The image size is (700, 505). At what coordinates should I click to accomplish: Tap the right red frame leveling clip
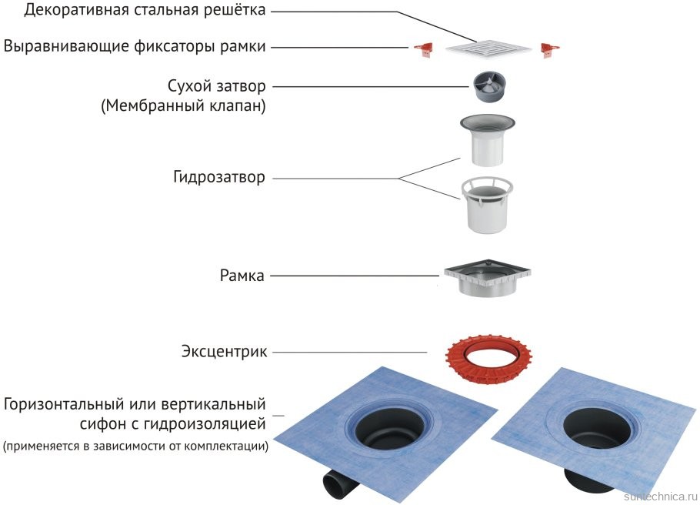pos(549,48)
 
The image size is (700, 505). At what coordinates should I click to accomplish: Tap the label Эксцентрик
pos(225,353)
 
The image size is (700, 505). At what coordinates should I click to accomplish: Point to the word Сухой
pos(191,85)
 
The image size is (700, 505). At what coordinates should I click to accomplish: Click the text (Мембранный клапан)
pos(183,106)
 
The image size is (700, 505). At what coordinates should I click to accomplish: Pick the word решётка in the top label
pos(239,11)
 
